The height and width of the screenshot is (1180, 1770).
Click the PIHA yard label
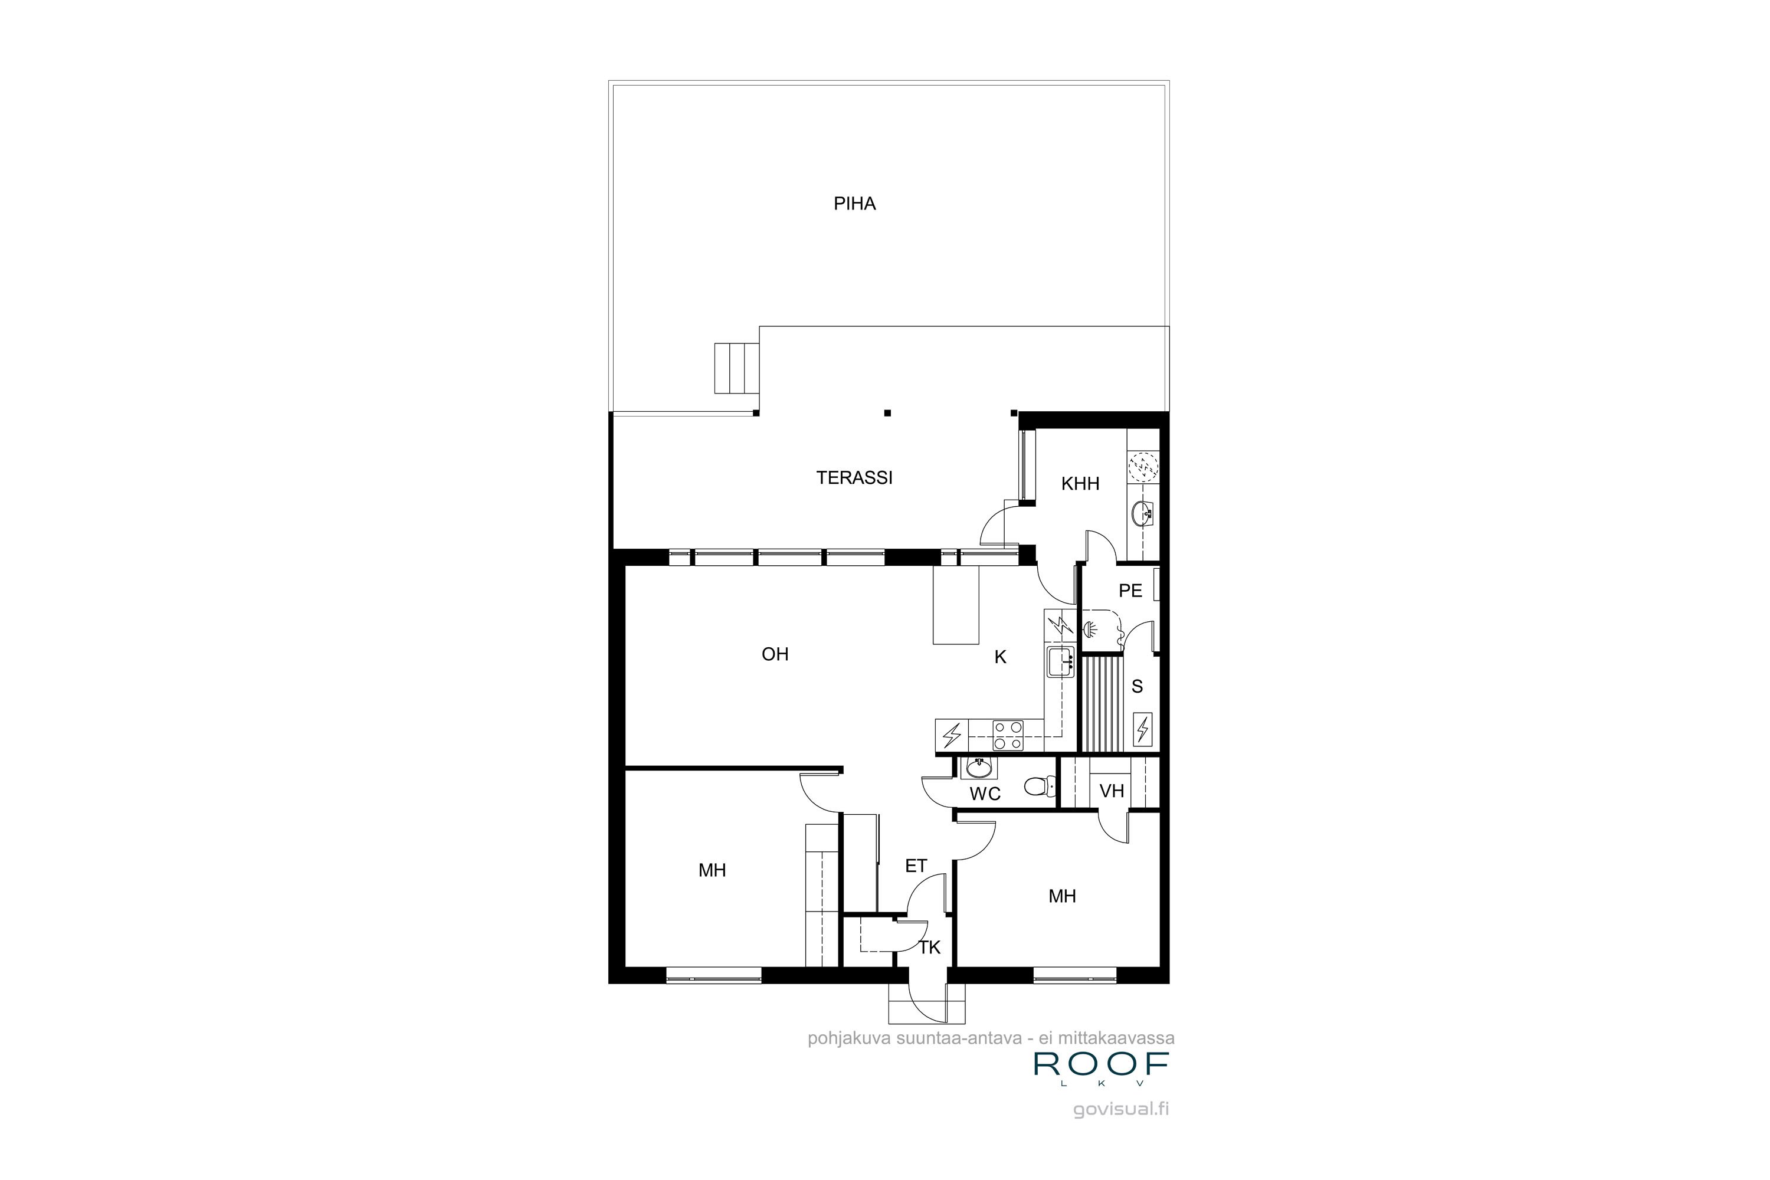point(854,204)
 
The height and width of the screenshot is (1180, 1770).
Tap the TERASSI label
point(854,478)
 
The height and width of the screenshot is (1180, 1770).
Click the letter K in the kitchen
point(1000,657)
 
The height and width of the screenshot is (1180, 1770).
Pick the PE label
point(1130,591)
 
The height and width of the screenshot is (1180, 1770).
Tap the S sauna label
point(1137,686)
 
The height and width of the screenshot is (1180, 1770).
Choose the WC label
point(985,794)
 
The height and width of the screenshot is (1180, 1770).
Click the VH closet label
point(1112,791)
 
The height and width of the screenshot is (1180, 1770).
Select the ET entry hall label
point(916,866)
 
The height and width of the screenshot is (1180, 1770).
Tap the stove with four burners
point(1008,735)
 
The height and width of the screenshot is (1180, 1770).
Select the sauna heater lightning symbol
point(1142,729)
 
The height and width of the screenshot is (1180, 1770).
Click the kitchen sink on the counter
point(1060,661)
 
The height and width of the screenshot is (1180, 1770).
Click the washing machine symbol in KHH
point(1143,467)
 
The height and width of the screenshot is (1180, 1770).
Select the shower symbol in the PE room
point(1089,628)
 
